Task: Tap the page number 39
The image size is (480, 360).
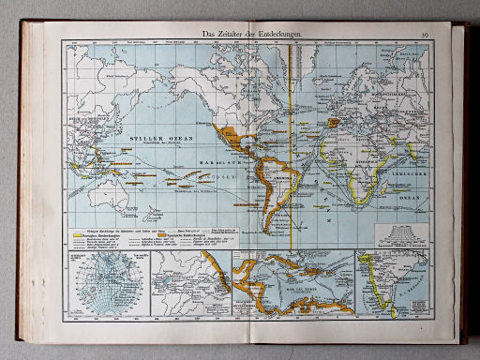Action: click(x=421, y=36)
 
